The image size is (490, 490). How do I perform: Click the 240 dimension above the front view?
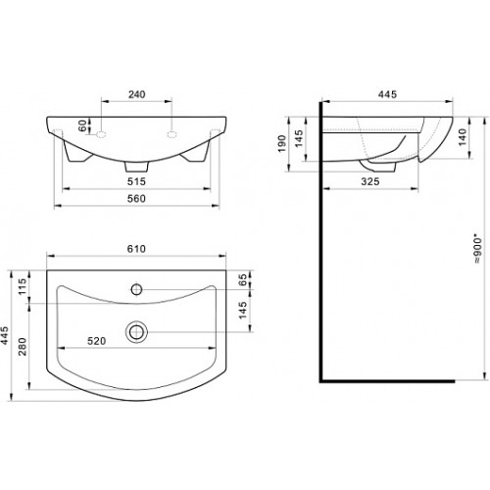pos(136,94)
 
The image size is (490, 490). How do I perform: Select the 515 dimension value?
pos(136,181)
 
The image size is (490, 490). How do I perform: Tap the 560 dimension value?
pos(136,199)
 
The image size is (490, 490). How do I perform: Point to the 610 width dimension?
pos(136,249)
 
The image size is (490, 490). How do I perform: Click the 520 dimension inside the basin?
pos(97,341)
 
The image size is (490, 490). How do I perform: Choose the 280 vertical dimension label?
pos(22,347)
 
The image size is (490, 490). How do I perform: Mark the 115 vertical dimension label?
pos(22,286)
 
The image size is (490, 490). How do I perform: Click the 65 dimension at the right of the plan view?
pos(243,280)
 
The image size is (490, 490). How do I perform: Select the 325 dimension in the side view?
pos(370,181)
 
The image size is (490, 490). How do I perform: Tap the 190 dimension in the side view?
pos(281,144)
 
